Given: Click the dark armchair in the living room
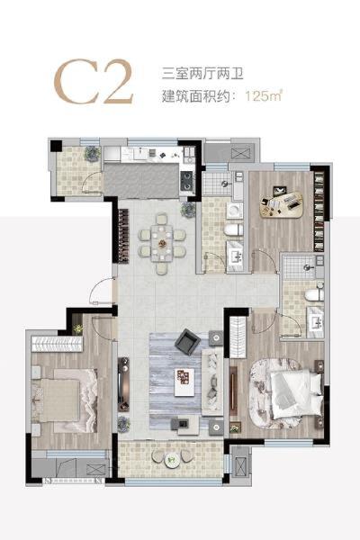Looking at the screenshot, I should (x=187, y=340).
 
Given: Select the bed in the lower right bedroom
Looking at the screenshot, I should (x=292, y=391).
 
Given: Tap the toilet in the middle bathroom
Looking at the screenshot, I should (x=233, y=231).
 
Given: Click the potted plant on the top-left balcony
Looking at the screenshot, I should (x=91, y=155).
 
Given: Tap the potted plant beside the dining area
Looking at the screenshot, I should (x=188, y=210).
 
